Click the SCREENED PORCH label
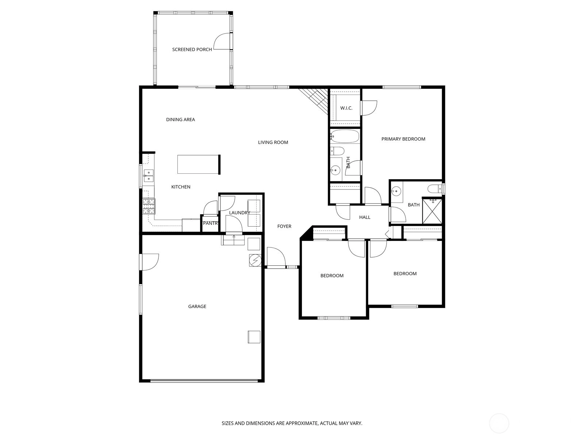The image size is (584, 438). (192, 50)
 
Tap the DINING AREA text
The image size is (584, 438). (180, 120)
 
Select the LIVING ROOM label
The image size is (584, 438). (273, 142)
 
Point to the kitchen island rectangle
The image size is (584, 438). (198, 164)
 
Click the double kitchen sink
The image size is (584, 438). (149, 176)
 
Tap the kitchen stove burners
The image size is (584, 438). (149, 207)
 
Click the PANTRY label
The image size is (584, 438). (211, 223)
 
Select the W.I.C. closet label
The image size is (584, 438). (346, 108)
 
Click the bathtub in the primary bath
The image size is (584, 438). (345, 137)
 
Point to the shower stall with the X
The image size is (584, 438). (432, 211)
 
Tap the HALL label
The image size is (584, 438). (365, 217)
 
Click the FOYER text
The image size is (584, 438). (284, 226)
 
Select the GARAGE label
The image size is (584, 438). (197, 306)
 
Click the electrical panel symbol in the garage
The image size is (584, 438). (255, 260)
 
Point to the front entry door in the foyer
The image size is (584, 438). (276, 257)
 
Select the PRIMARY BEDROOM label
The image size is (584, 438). (403, 139)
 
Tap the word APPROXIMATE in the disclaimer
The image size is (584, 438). (302, 423)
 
